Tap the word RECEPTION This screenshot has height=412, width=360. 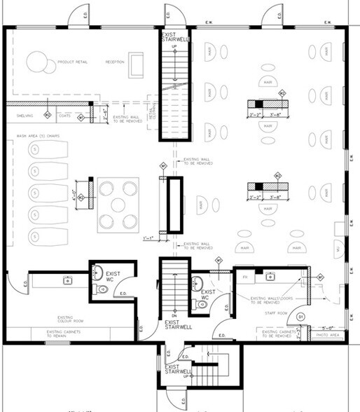[116, 62]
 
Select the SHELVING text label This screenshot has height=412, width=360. [16, 116]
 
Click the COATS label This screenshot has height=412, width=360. [64, 116]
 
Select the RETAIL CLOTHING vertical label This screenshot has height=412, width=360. [151, 105]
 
